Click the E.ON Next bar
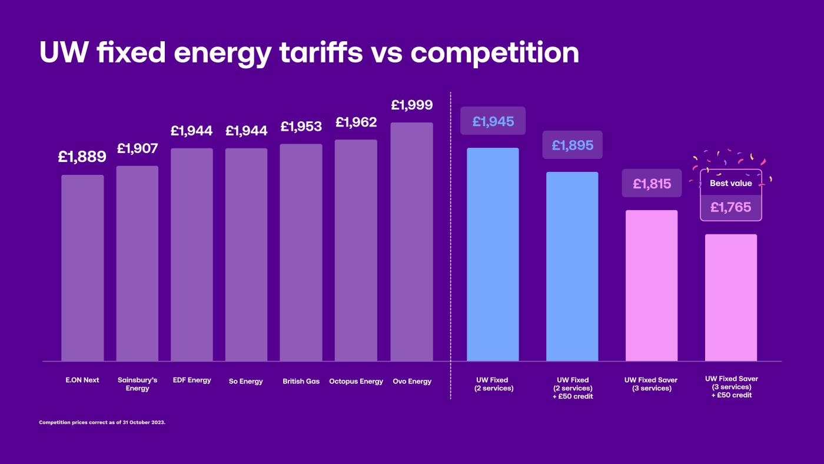point(82,268)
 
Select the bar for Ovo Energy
point(411,241)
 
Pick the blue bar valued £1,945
point(493,254)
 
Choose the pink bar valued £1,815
point(652,286)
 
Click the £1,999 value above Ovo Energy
point(411,105)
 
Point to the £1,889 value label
point(82,157)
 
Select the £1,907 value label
point(137,148)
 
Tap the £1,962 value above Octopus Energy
point(356,122)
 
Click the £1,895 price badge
point(572,145)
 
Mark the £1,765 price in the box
point(730,207)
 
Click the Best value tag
point(730,183)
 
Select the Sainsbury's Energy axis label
point(137,384)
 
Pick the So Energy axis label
point(245,382)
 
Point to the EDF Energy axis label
point(192,380)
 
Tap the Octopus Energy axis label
point(356,382)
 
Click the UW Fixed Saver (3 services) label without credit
point(651,384)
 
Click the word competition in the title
point(494,53)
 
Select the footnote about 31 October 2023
point(102,422)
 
